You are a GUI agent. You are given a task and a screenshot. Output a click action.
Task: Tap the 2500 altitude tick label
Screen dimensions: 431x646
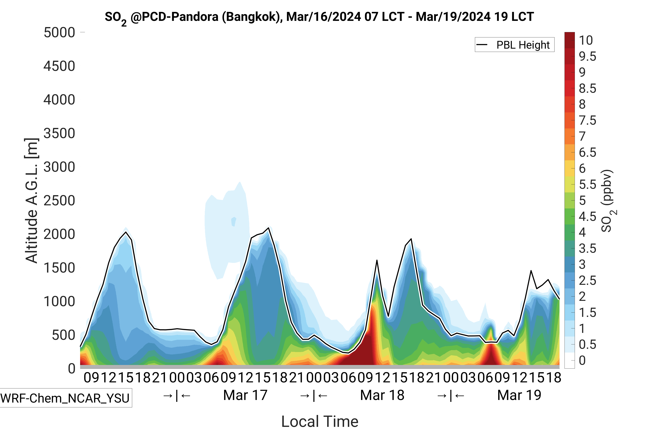click(59, 201)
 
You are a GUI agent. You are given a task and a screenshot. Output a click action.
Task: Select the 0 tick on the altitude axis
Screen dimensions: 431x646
click(71, 369)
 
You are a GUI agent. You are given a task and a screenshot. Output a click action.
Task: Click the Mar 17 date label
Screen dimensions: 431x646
click(245, 395)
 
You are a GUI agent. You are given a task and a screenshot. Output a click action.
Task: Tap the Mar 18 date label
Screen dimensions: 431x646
click(382, 395)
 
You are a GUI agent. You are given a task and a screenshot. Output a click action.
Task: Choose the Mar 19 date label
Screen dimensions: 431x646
click(519, 395)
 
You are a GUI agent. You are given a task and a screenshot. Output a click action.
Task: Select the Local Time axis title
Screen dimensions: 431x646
click(320, 421)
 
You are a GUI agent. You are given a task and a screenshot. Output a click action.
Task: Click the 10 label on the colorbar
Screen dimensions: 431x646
click(586, 40)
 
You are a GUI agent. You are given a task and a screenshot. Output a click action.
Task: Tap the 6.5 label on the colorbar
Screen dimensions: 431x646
click(587, 152)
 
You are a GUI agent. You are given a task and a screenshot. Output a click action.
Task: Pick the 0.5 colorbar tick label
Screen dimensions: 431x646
click(587, 344)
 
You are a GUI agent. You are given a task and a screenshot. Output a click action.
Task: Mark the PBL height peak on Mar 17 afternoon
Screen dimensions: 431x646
click(269, 228)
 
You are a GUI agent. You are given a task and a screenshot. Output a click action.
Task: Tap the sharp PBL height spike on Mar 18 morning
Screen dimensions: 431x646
click(377, 260)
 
